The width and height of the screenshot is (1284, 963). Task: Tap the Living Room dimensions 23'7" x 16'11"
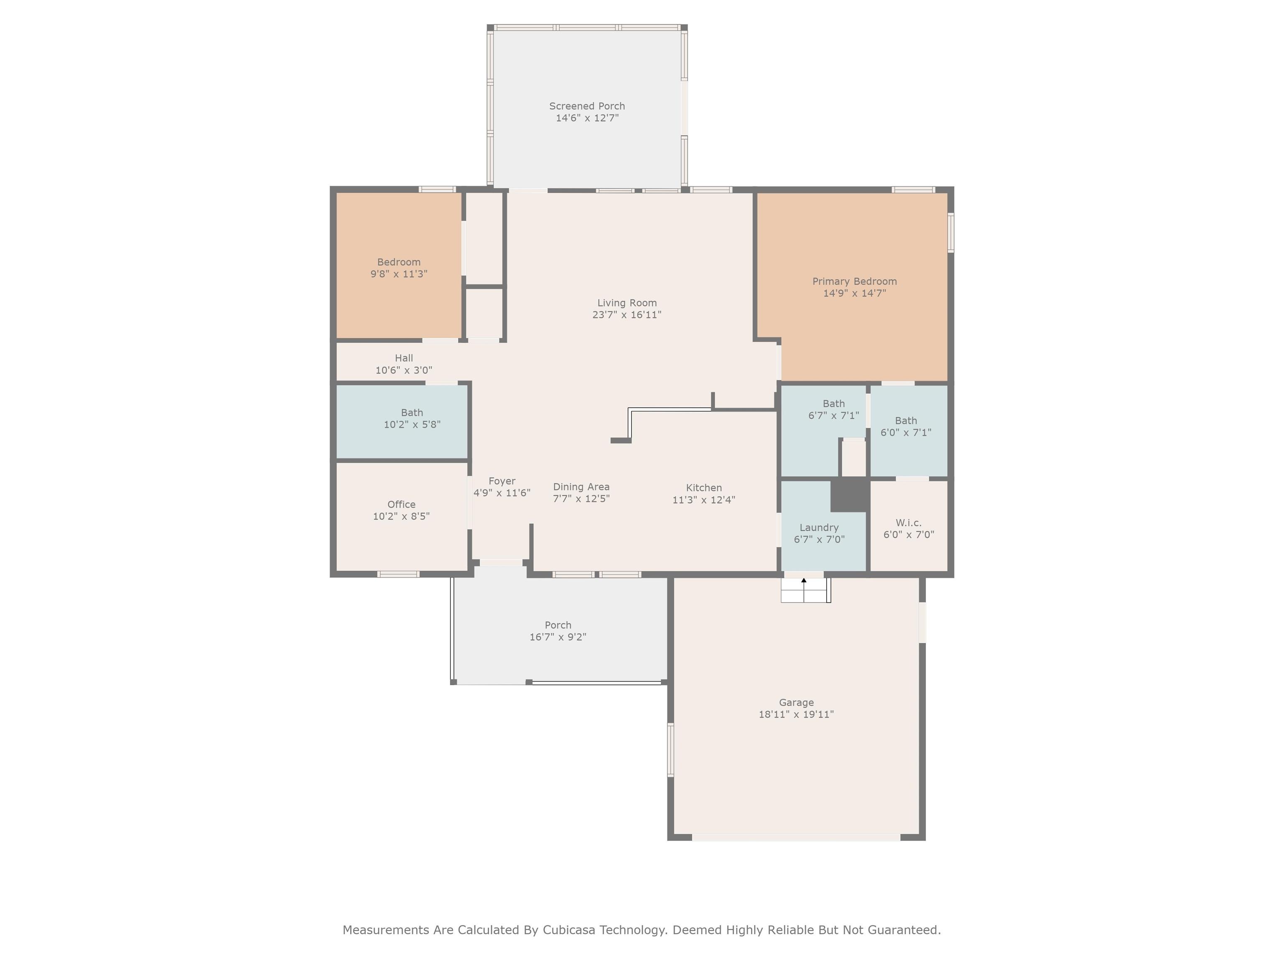[627, 315]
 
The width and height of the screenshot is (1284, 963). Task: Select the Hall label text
[404, 358]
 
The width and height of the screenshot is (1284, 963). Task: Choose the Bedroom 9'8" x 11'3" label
[399, 268]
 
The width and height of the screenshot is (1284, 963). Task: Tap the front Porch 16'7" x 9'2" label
[558, 631]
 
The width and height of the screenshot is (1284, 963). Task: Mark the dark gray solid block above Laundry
[850, 494]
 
